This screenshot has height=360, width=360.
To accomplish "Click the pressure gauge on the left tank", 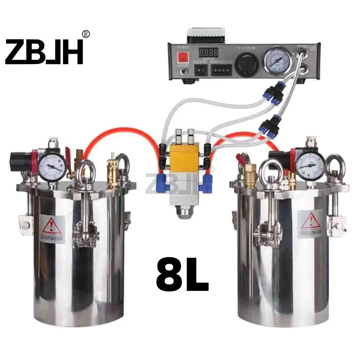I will pyautogui.click(x=53, y=167).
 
